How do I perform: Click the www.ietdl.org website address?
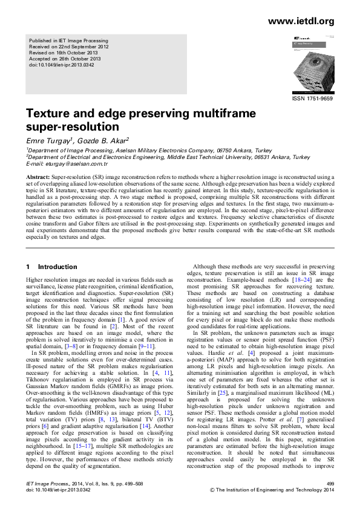(300, 22)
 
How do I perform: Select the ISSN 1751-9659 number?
(313, 97)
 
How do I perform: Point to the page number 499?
(330, 484)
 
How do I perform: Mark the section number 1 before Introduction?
(28, 267)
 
